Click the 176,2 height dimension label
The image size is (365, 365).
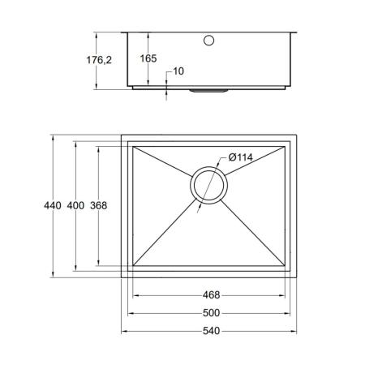coord(99,60)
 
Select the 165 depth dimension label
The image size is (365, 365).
coord(148,58)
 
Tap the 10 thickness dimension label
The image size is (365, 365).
coord(178,71)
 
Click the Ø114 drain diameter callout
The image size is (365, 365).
coord(240,157)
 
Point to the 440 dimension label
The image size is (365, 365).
coord(53,205)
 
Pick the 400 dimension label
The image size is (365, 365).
coord(75,205)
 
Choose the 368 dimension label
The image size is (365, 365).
coord(99,205)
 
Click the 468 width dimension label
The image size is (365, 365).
coord(211,295)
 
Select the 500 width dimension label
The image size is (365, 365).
coord(211,313)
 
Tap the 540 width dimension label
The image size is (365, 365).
coord(211,331)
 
